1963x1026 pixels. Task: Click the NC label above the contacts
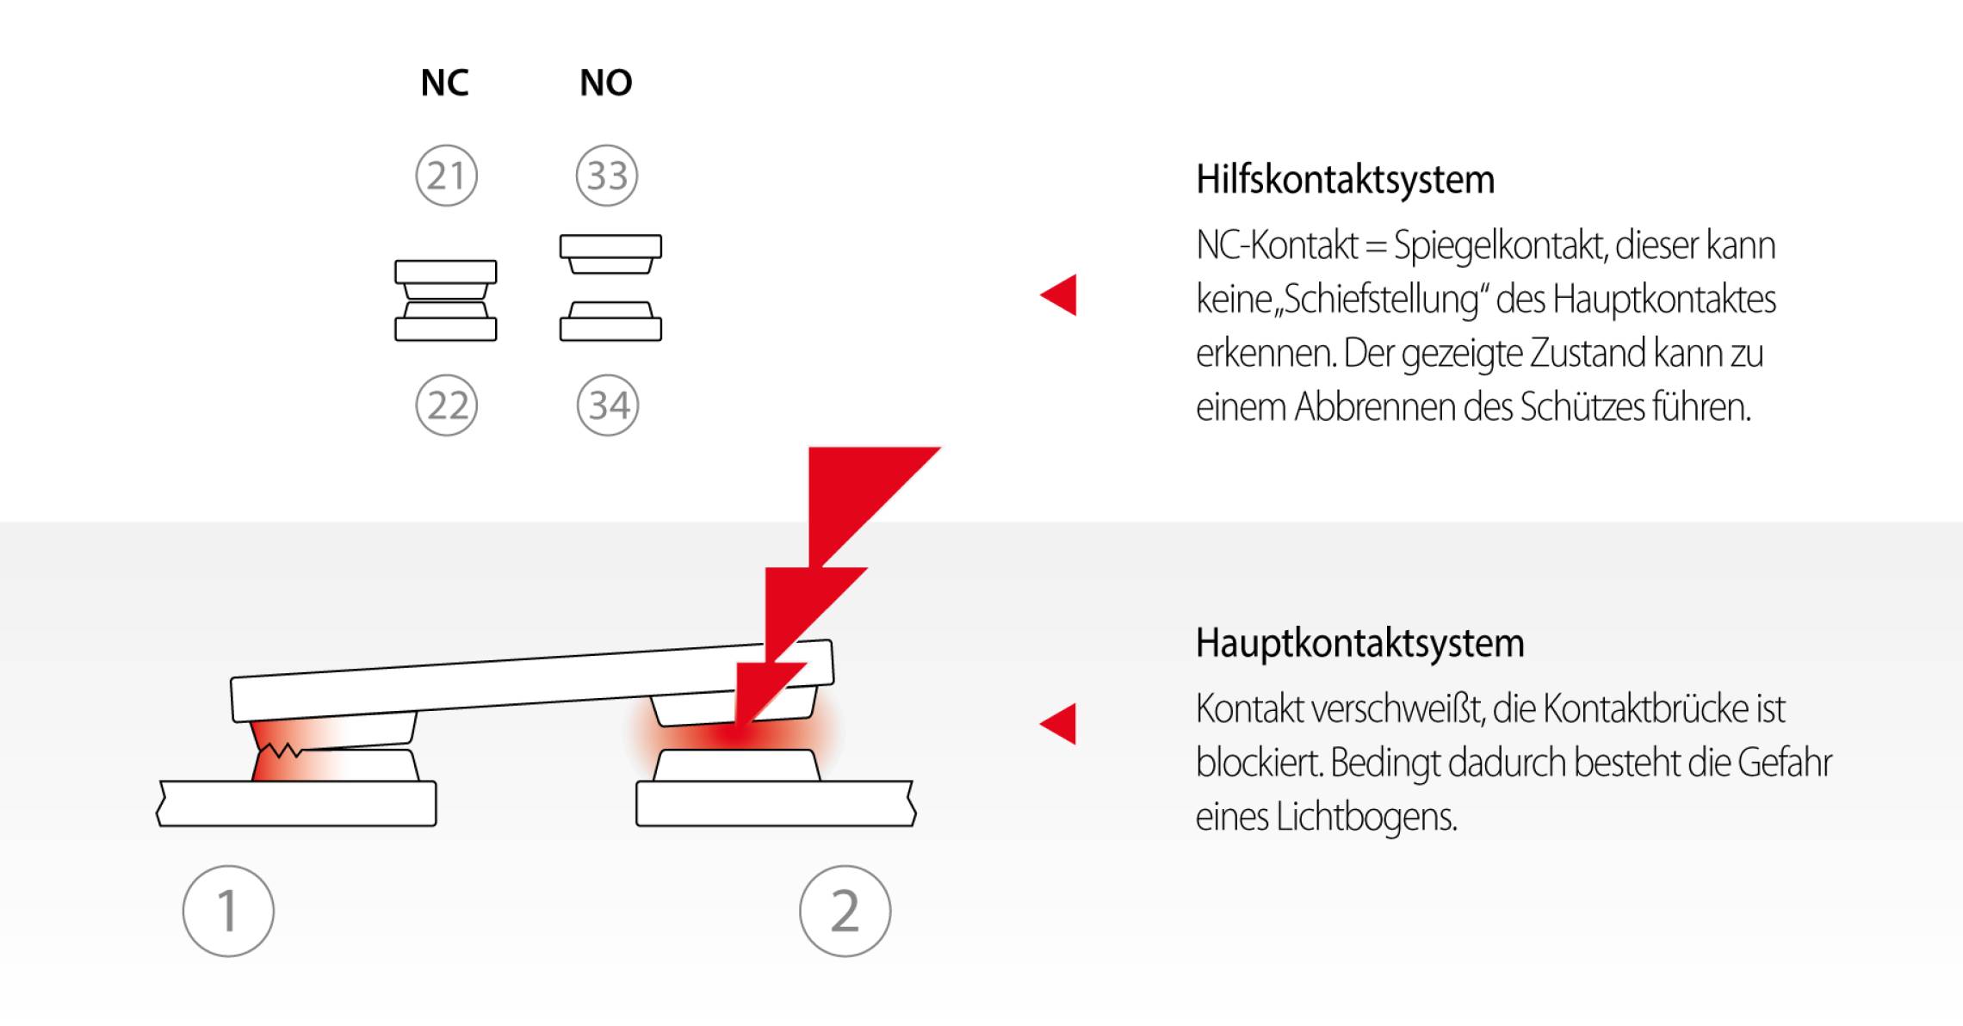coord(444,83)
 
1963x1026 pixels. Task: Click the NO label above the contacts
coord(606,83)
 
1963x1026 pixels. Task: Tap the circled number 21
coord(446,176)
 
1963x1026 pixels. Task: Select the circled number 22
coord(446,405)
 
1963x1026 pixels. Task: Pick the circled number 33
coord(607,176)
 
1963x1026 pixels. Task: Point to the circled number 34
coord(608,405)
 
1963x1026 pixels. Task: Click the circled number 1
coord(228,911)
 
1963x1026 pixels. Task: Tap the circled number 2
coord(845,911)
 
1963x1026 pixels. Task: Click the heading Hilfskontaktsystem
coord(1345,180)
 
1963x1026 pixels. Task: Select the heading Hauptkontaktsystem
coord(1359,643)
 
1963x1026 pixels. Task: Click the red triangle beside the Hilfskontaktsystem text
coord(1060,295)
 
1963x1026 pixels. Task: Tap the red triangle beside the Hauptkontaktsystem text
coord(1060,724)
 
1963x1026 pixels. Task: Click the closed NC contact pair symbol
coord(446,300)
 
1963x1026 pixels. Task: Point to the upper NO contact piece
coord(610,253)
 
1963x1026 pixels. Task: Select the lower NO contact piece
coord(610,322)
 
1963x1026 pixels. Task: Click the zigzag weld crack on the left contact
coord(281,751)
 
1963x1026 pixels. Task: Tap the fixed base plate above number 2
coord(775,804)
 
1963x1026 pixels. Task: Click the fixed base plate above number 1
coord(297,804)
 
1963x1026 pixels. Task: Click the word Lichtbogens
coord(1366,817)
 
